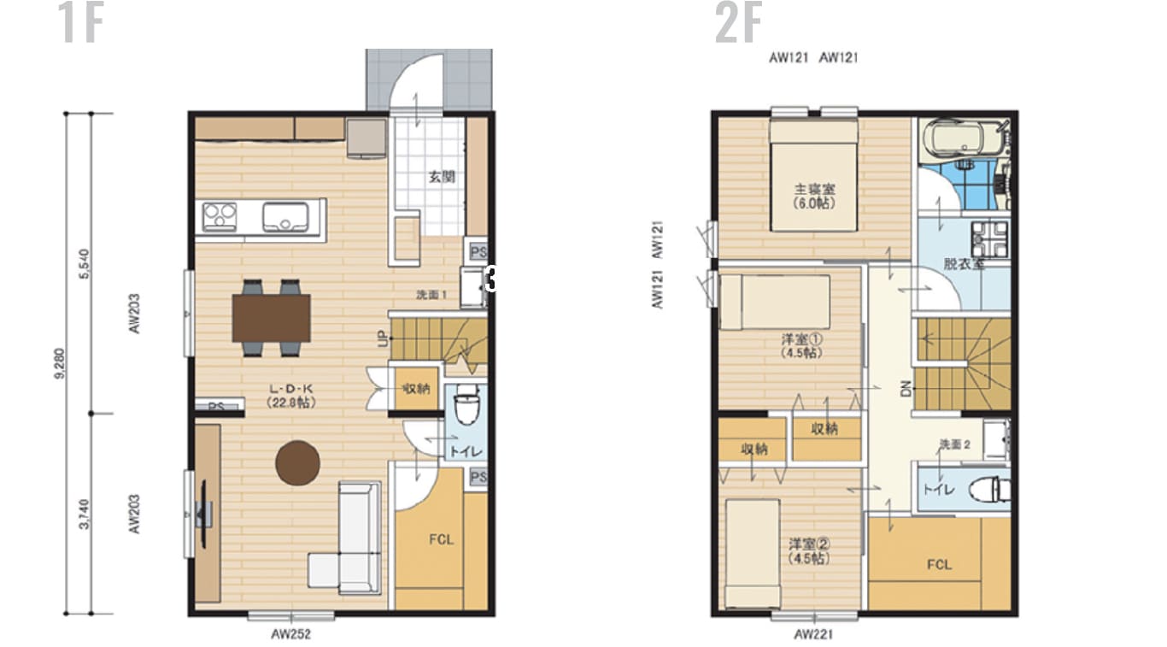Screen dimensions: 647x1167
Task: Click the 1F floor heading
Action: pos(81,24)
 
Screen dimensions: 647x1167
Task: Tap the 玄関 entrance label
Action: pos(441,178)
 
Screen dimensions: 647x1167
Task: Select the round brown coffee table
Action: pos(297,462)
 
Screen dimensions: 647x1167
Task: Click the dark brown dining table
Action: pos(272,317)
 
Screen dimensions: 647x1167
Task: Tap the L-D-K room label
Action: pos(290,395)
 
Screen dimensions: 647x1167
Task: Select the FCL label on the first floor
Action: pos(441,539)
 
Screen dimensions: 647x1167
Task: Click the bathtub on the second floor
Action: pos(961,138)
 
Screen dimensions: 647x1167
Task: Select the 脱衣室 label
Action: pos(964,264)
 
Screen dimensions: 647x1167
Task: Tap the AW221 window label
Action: pos(813,634)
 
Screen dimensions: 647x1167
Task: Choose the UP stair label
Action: pos(382,339)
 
